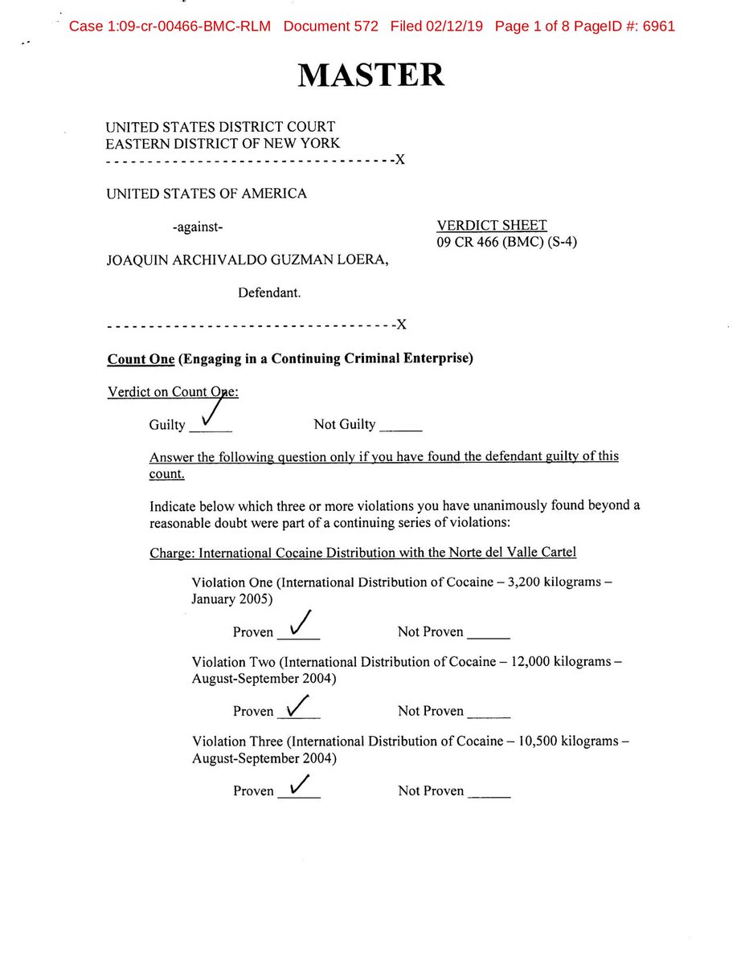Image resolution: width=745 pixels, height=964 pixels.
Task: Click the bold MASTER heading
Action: (x=370, y=75)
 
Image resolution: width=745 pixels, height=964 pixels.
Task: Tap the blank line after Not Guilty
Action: (x=400, y=427)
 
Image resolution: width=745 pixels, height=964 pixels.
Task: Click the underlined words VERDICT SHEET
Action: (x=491, y=226)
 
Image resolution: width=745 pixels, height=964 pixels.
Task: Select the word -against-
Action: (x=198, y=227)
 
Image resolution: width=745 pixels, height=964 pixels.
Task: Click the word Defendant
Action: (x=269, y=293)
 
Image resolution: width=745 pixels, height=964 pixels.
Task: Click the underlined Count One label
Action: (x=141, y=359)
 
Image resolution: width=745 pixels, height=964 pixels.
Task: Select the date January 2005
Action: (x=231, y=599)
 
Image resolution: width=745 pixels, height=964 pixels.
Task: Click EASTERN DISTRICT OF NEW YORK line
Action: (x=223, y=144)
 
